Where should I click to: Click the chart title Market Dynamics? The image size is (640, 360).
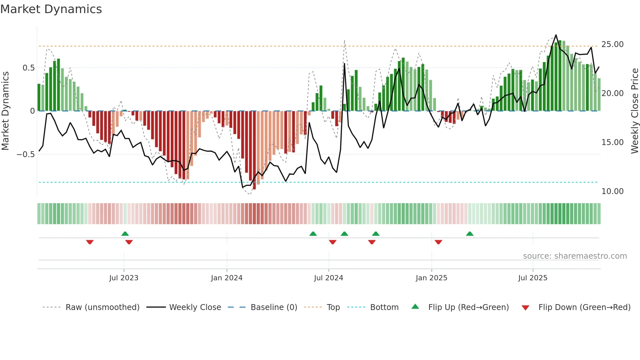click(51, 9)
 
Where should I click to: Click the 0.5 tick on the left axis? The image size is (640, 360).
click(28, 68)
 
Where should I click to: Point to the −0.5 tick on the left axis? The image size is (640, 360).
click(25, 154)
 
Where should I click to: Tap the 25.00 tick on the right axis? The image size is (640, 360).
click(612, 44)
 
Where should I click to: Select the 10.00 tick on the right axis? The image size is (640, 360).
click(612, 191)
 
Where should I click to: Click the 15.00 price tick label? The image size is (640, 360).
click(612, 142)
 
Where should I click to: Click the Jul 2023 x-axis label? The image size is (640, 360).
click(124, 278)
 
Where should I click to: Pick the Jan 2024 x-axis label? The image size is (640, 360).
click(227, 278)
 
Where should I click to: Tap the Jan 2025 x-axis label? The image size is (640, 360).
click(431, 278)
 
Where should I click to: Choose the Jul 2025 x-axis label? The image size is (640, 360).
click(533, 278)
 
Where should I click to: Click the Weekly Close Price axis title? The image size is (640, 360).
click(634, 111)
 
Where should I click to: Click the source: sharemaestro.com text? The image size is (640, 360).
click(575, 256)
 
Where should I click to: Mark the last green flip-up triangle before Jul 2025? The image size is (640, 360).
click(470, 234)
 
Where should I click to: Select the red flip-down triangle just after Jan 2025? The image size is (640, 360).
click(438, 242)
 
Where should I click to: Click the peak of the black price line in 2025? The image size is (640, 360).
click(556, 35)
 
